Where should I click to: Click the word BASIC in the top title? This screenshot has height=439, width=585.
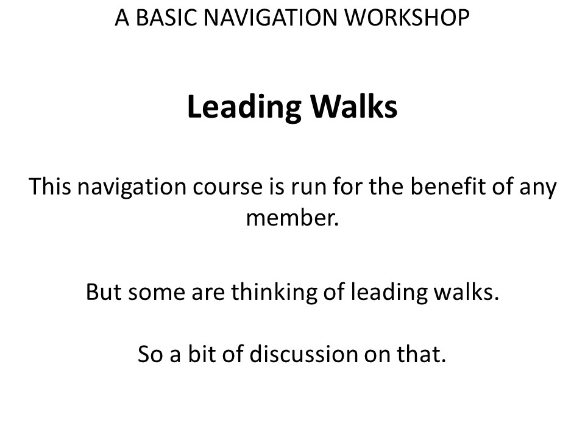pos(166,18)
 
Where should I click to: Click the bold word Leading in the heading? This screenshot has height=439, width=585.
pos(244,108)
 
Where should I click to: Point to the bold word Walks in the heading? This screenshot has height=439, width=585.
pos(354,107)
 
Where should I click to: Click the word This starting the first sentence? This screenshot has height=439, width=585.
pos(49,187)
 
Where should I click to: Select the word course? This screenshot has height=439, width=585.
pos(227,187)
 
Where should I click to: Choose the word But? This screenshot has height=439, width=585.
pos(104,291)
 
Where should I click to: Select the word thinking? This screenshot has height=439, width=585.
pos(274,293)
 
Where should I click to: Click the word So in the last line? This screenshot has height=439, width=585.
pos(151,354)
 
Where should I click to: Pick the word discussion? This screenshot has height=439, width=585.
pos(303,353)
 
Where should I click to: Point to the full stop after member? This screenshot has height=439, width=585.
pos(336,225)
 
